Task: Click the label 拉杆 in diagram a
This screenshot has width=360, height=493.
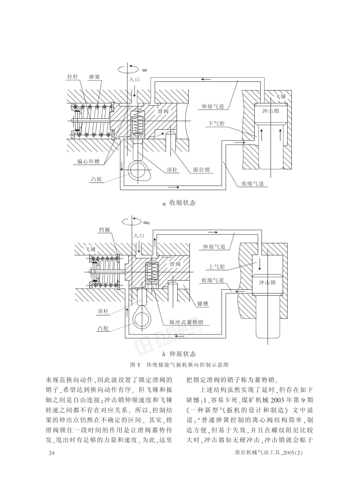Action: pyautogui.click(x=72, y=77)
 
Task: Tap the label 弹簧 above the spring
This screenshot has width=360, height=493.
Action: pyautogui.click(x=94, y=77)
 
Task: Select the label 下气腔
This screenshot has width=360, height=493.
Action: pyautogui.click(x=216, y=124)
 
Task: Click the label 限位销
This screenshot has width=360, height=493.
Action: pyautogui.click(x=201, y=170)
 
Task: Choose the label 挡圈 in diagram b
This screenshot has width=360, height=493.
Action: pyautogui.click(x=105, y=230)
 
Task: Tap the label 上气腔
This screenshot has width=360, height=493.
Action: pyautogui.click(x=216, y=267)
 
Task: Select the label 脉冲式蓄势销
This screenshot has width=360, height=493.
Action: pyautogui.click(x=186, y=322)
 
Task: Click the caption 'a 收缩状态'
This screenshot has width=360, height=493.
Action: pyautogui.click(x=179, y=203)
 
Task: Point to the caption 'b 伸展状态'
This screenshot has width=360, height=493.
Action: pyautogui.click(x=179, y=354)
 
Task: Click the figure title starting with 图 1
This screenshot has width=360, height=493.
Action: pyautogui.click(x=179, y=365)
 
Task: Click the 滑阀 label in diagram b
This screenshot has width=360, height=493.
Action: pyautogui.click(x=175, y=264)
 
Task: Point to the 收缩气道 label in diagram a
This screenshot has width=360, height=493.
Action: pyautogui.click(x=253, y=184)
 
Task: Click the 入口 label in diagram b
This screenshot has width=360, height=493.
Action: pyautogui.click(x=139, y=236)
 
